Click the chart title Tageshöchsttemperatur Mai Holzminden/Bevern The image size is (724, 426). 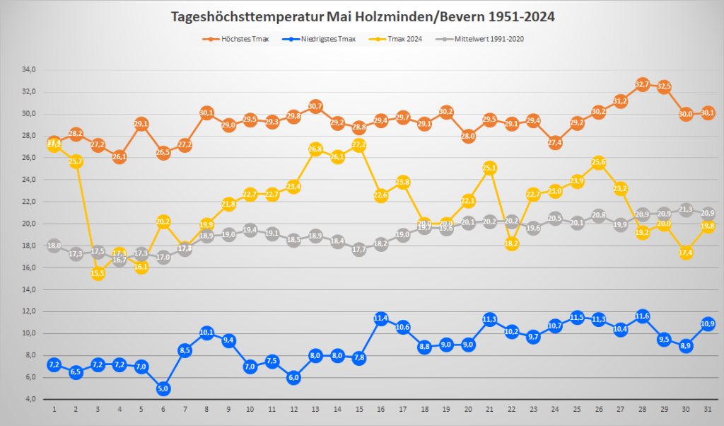(361, 16)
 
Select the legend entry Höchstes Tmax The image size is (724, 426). (234, 39)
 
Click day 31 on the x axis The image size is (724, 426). (708, 409)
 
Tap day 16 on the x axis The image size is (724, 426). (381, 409)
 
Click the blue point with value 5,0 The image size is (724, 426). (163, 388)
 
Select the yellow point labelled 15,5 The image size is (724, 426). (98, 273)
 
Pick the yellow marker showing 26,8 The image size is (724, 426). (315, 149)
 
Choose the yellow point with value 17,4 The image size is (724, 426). (686, 253)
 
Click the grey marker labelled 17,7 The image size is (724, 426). (359, 249)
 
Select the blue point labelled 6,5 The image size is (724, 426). (76, 372)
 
